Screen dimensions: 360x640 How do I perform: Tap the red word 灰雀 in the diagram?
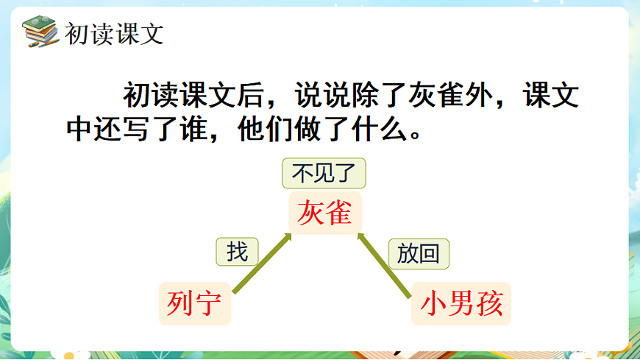tap(324, 213)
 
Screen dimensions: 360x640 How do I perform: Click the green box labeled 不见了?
tap(324, 174)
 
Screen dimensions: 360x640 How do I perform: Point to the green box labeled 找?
tap(237, 253)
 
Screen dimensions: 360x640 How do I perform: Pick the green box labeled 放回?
tap(418, 254)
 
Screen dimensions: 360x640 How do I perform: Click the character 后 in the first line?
tap(252, 96)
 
